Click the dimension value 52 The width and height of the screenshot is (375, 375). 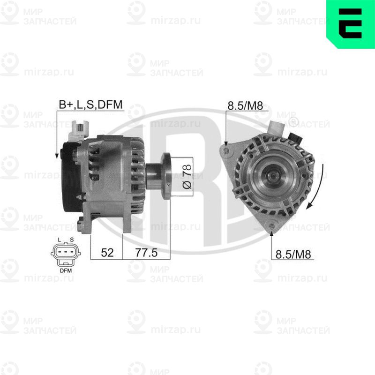point(107,253)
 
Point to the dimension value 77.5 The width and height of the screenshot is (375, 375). point(146,253)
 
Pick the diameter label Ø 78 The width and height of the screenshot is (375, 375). point(186,177)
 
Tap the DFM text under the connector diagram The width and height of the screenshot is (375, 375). point(66,270)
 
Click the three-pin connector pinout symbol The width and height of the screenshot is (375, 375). point(66,255)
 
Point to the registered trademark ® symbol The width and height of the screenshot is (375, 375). point(293,123)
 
